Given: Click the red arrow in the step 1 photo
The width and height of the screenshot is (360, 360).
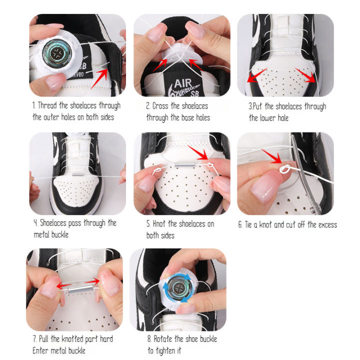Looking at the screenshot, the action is [x=100, y=78].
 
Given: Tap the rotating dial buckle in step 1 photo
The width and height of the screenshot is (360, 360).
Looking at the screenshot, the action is [x=57, y=53].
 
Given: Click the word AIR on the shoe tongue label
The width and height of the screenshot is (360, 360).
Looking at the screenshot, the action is [x=183, y=83].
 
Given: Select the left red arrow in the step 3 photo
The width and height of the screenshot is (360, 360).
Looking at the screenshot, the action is [x=256, y=75].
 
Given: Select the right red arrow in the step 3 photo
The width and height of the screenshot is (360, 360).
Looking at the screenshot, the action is [x=305, y=75].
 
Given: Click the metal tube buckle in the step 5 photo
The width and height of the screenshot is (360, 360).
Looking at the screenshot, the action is [x=184, y=165].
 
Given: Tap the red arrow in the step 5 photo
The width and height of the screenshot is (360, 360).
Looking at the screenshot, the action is [x=198, y=152].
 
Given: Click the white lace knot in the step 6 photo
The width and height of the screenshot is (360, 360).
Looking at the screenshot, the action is [x=285, y=169].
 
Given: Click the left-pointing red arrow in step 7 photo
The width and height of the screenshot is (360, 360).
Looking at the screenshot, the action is [x=63, y=285].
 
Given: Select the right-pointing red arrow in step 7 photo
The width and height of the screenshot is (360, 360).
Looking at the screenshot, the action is [x=92, y=281].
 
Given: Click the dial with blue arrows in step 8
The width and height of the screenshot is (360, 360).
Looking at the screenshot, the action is [x=178, y=288].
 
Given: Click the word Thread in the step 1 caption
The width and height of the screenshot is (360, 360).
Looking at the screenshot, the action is [x=47, y=106].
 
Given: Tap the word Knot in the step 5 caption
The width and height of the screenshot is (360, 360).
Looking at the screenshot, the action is [x=159, y=224].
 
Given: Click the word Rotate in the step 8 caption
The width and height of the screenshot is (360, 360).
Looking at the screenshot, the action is [x=163, y=339].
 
